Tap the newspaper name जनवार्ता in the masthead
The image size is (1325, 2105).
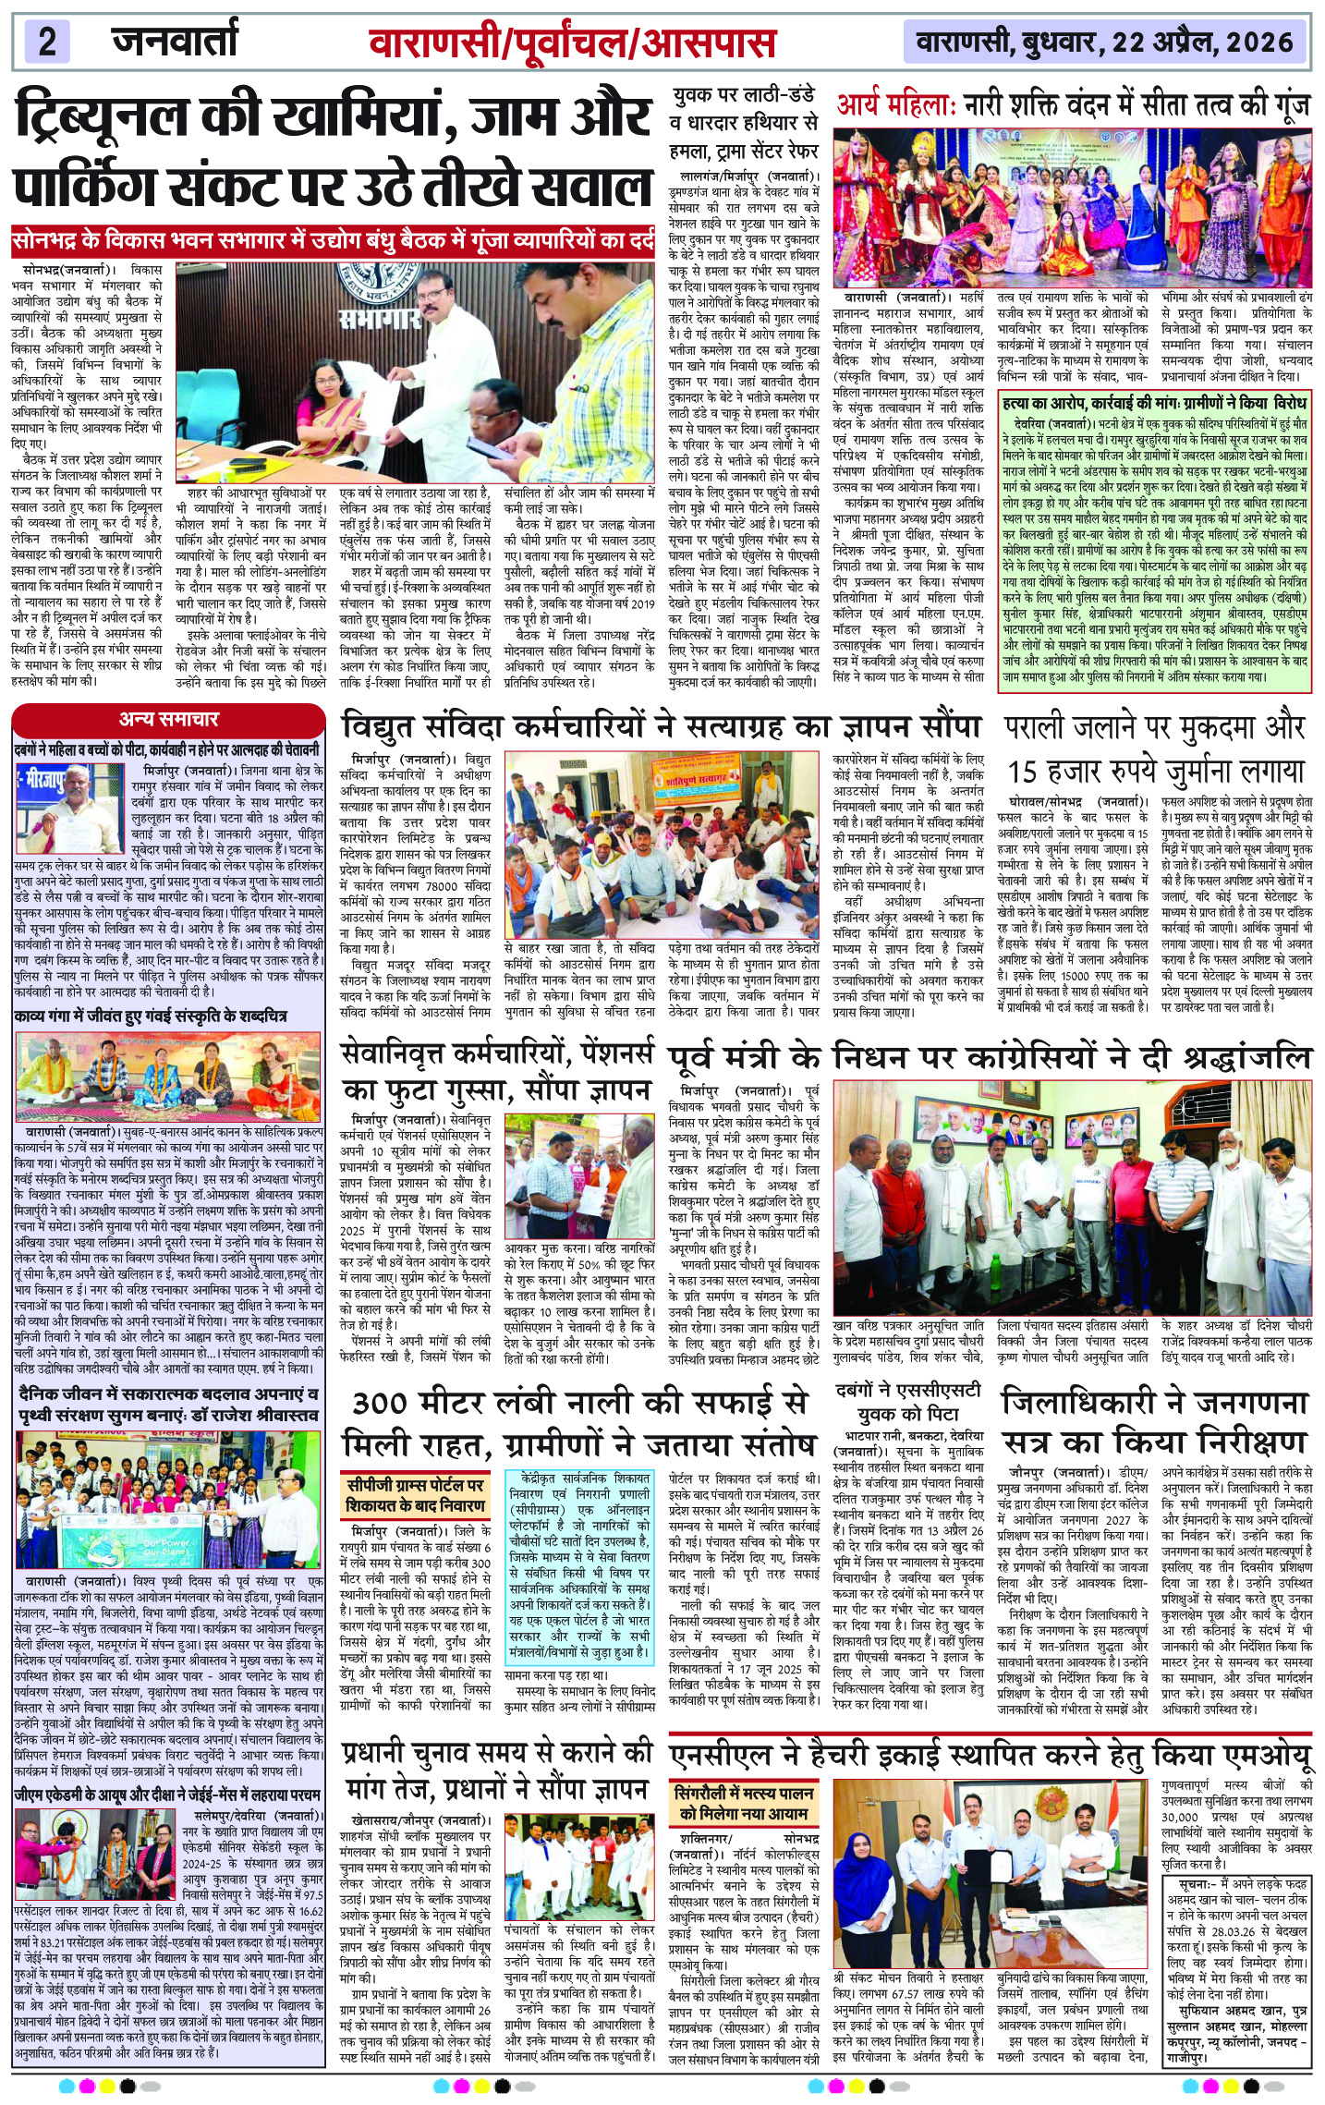[x=175, y=42]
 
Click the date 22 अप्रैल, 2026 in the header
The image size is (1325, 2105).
[x=1202, y=42]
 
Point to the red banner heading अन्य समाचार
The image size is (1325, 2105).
[x=168, y=719]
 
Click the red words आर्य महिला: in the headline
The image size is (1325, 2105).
[x=893, y=106]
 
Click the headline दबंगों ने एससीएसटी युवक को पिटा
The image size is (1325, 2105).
[x=909, y=1402]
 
